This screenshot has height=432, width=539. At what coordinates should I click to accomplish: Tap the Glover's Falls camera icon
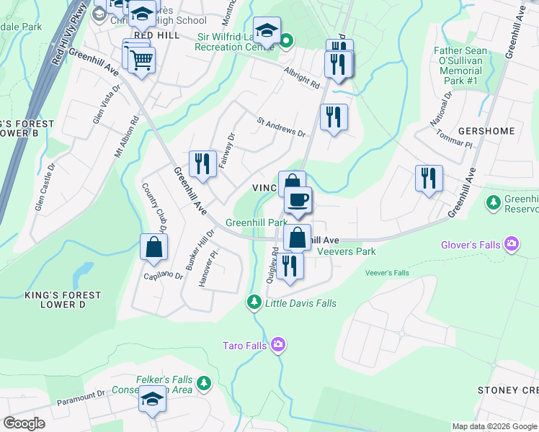(512, 245)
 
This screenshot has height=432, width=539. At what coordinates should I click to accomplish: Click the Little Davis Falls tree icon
(253, 302)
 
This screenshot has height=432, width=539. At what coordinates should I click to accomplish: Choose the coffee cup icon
(297, 199)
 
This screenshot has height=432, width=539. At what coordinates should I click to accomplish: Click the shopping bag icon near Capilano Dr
(154, 247)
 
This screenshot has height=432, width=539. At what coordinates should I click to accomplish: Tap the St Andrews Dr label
(282, 127)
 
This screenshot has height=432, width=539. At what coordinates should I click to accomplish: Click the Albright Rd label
(301, 79)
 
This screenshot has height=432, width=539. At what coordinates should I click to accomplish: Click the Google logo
(24, 423)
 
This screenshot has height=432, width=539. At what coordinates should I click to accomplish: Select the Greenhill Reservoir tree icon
(494, 203)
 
